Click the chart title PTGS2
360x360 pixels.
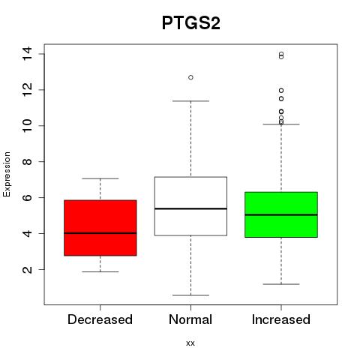pos(191,23)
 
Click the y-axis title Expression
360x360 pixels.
pos(7,174)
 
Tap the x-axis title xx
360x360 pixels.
pos(190,343)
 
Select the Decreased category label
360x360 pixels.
pos(100,319)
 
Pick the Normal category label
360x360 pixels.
pos(190,319)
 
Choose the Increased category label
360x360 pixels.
pos(281,319)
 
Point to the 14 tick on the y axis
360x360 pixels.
pos(27,53)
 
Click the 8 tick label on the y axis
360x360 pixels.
pos(27,161)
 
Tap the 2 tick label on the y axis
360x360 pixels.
pos(27,269)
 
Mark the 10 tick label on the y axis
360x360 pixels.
pos(27,125)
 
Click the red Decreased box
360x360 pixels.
pos(100,228)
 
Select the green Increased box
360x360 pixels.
pos(281,214)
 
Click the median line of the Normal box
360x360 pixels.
pos(190,208)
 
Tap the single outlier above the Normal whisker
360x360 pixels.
pos(190,77)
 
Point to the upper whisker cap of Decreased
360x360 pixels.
pos(100,178)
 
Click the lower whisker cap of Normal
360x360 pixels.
pos(190,295)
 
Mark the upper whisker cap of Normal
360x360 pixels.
pos(190,101)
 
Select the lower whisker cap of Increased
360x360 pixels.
pos(281,284)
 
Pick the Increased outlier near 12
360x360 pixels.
pos(281,90)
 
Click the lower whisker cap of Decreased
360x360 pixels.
pos(100,271)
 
